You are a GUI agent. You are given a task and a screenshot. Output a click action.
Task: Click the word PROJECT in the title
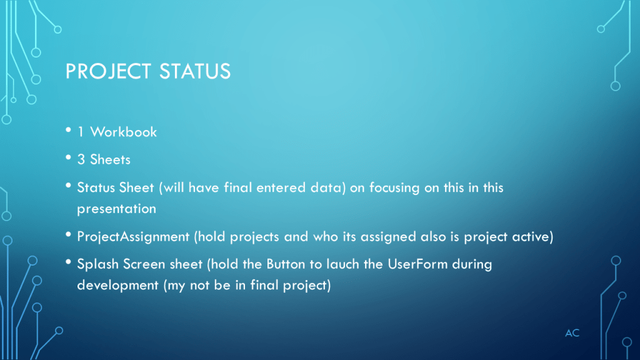(108, 71)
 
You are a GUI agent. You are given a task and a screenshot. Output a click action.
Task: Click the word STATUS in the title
(195, 71)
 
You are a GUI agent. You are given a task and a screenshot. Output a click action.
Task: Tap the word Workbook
(123, 132)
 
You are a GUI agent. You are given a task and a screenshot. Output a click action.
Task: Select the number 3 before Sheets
(81, 159)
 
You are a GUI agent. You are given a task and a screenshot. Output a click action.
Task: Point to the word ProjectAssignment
(134, 237)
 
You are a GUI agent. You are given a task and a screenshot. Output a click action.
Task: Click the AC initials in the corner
(572, 333)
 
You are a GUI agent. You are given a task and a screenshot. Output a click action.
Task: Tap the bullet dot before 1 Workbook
(68, 130)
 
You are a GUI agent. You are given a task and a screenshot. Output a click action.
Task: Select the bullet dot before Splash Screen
(68, 262)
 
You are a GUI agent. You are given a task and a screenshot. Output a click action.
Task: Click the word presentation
(117, 209)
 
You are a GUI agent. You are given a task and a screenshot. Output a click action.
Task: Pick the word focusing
(394, 187)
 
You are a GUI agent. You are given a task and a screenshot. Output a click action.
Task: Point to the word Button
(286, 264)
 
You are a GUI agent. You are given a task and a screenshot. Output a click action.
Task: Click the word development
(117, 285)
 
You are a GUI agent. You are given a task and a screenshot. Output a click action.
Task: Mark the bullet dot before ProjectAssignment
(68, 235)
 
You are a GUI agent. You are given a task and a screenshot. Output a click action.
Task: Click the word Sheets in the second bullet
(110, 159)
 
